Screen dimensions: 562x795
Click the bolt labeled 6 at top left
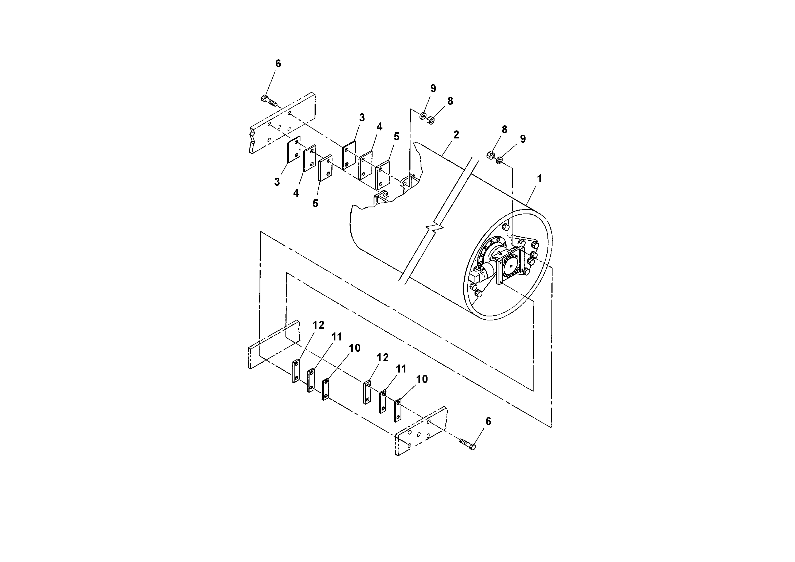[269, 100]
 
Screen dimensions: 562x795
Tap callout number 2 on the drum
[456, 135]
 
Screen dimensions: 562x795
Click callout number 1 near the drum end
[539, 179]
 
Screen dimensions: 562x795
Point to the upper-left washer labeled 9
[423, 116]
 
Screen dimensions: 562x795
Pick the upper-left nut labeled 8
[431, 121]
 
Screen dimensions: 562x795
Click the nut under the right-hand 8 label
[490, 156]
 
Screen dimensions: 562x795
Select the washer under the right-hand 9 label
[499, 160]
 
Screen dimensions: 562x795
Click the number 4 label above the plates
[379, 127]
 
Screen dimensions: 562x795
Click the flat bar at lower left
[273, 344]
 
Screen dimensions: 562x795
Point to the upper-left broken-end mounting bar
[282, 123]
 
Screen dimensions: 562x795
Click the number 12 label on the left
[318, 325]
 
